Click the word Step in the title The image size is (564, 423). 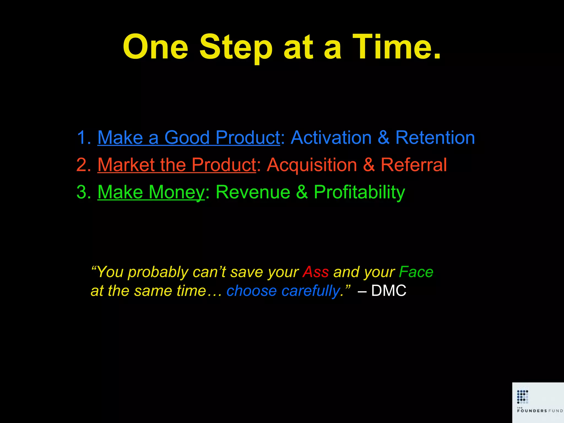pyautogui.click(x=236, y=47)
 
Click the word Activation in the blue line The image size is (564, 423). pyautogui.click(x=331, y=137)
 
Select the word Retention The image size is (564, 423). pyautogui.click(x=435, y=137)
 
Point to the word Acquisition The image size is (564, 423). pyautogui.click(x=312, y=165)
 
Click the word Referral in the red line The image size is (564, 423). pyautogui.click(x=414, y=165)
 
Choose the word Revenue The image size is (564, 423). pyautogui.click(x=253, y=192)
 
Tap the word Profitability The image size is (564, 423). pyautogui.click(x=359, y=192)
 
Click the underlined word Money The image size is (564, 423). pyautogui.click(x=177, y=192)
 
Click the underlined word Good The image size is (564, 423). pyautogui.click(x=187, y=137)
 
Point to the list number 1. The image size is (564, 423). pyautogui.click(x=83, y=137)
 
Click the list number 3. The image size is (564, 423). pyautogui.click(x=83, y=192)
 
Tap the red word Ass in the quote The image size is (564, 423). pyautogui.click(x=316, y=272)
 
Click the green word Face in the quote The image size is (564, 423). pyautogui.click(x=416, y=272)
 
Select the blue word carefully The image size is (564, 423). pyautogui.click(x=311, y=291)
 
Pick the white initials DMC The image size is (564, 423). pyautogui.click(x=389, y=291)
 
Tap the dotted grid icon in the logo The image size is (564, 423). pyautogui.click(x=522, y=396)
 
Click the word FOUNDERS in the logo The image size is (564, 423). pyautogui.click(x=532, y=411)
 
